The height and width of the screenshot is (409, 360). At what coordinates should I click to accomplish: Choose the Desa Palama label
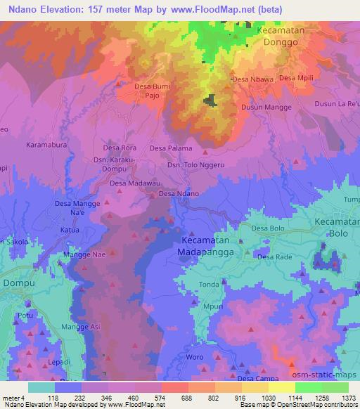170,148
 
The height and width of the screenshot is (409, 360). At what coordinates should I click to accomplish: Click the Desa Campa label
257,379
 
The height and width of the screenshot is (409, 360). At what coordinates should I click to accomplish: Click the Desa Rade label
274,257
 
